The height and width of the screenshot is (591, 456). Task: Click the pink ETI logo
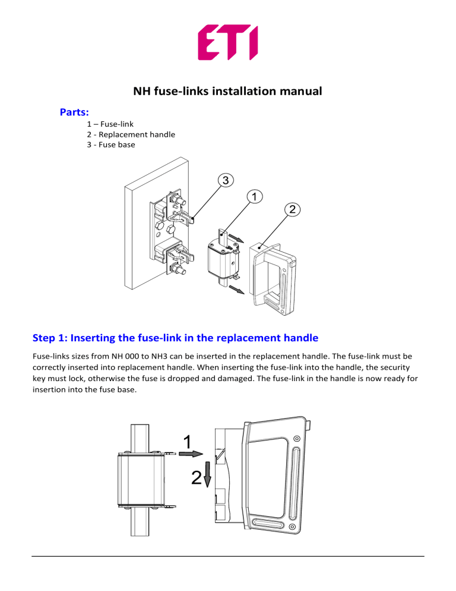click(x=227, y=42)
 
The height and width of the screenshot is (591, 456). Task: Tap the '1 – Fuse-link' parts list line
click(x=110, y=124)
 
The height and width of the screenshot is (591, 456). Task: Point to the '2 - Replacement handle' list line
click(x=131, y=134)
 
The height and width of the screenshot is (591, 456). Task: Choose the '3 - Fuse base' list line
click(x=110, y=144)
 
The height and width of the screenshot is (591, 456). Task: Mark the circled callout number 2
click(x=292, y=209)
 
